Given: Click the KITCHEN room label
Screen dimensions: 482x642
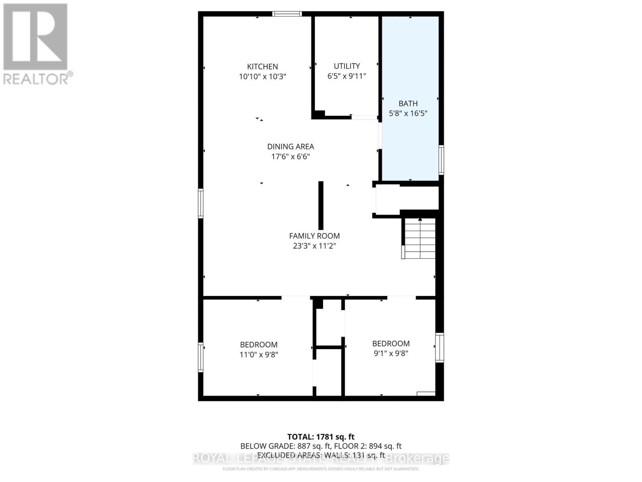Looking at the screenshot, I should (x=262, y=67).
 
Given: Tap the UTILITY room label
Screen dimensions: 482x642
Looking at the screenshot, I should (x=347, y=66).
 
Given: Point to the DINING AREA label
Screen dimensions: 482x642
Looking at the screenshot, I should (x=291, y=147).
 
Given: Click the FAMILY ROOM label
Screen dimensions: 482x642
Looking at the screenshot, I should (x=314, y=236).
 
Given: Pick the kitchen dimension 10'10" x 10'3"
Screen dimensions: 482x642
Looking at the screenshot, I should (x=262, y=76).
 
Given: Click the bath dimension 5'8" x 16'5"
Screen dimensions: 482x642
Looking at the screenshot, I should (x=408, y=114).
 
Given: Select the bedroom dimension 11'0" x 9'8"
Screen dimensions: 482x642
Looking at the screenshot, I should (x=259, y=355).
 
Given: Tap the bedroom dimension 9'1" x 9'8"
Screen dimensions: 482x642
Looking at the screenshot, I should (x=391, y=353).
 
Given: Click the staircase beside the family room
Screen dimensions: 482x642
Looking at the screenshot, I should (x=419, y=239).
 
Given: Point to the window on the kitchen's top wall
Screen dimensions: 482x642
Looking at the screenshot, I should (x=286, y=14).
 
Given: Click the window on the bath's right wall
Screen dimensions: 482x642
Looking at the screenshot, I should (x=441, y=160).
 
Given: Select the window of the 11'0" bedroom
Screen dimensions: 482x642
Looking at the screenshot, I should (x=201, y=357).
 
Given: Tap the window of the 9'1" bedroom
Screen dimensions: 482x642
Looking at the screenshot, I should (x=440, y=347).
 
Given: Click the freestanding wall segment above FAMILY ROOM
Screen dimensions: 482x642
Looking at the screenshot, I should (x=321, y=205).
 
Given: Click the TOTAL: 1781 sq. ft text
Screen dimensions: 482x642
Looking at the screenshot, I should (x=321, y=437).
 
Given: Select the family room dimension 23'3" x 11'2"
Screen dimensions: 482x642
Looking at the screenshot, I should (x=314, y=246).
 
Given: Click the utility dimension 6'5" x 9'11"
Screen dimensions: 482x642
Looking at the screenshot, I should (x=347, y=76).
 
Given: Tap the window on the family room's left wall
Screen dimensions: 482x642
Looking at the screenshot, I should (x=201, y=203).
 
